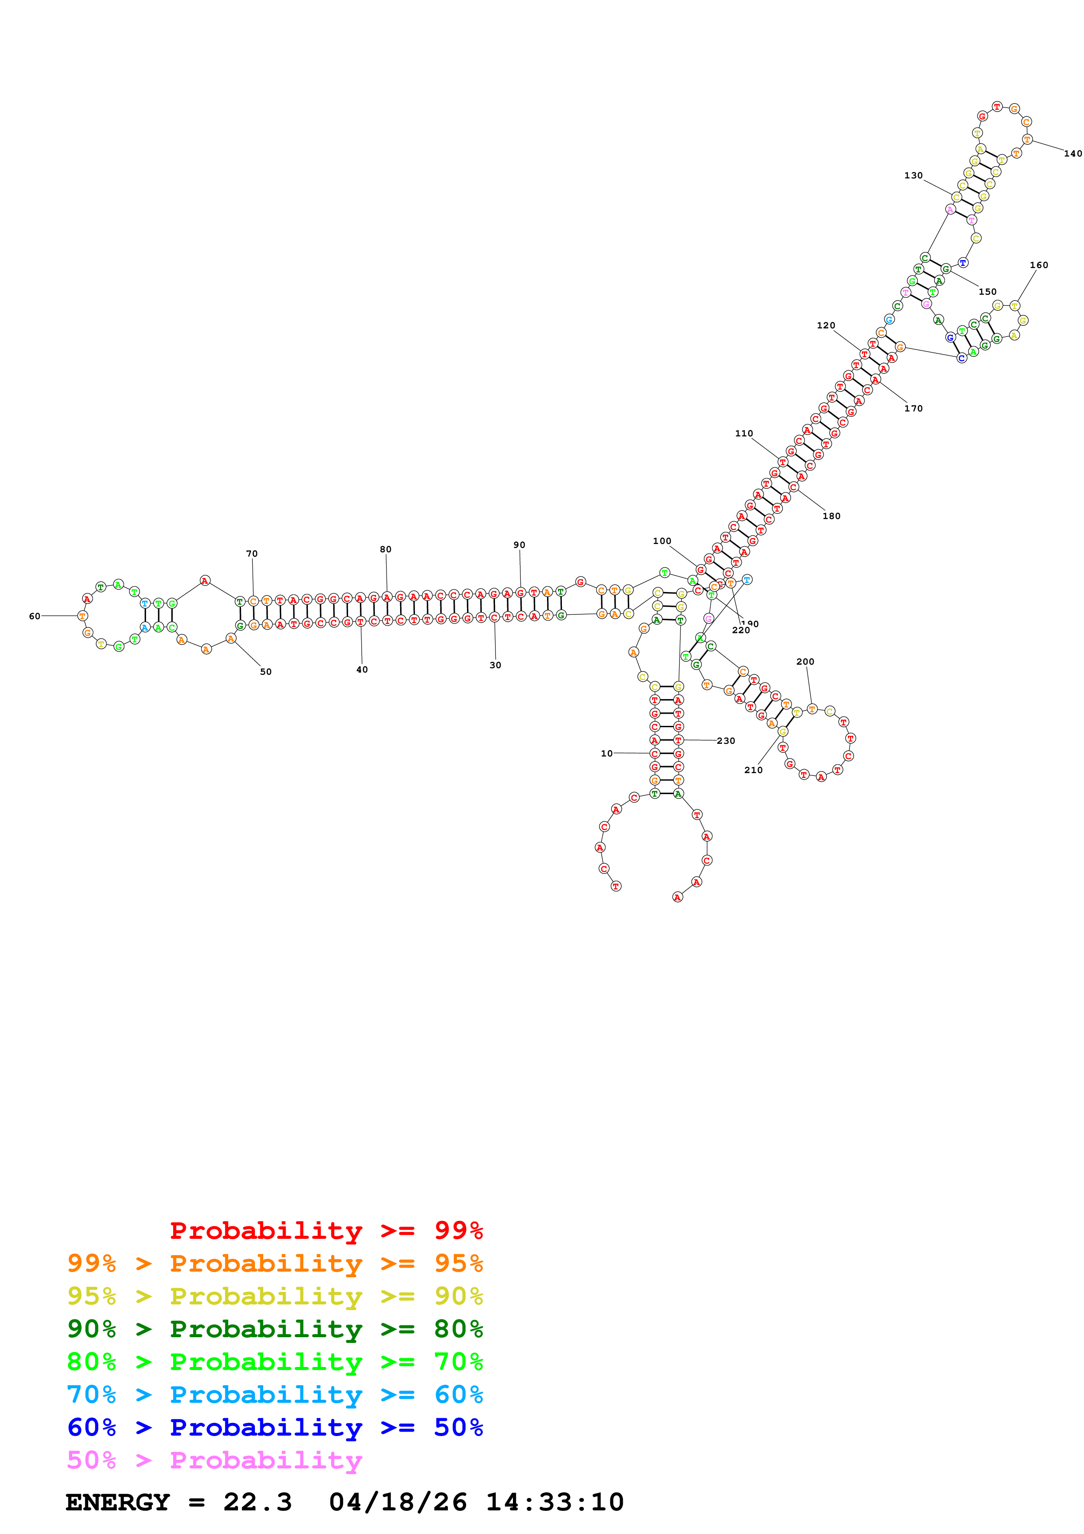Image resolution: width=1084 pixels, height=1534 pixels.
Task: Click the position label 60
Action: pos(34,616)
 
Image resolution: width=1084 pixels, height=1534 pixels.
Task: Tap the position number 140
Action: pos(1073,153)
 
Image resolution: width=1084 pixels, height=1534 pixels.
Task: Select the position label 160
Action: pos(1039,265)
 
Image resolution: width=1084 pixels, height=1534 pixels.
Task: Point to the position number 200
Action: pos(805,662)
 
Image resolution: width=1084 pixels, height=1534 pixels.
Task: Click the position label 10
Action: pos(606,753)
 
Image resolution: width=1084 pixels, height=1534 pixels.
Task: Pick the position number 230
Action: pos(726,741)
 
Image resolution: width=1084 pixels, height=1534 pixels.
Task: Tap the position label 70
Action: pos(252,554)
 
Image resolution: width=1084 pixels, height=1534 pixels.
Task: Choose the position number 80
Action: pos(385,549)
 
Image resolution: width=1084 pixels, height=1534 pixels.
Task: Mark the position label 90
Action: pos(519,545)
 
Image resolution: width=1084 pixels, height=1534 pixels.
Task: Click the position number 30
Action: pos(495,666)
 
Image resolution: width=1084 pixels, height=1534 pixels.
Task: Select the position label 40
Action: pos(362,669)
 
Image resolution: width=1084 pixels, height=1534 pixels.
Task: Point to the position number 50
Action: pos(266,672)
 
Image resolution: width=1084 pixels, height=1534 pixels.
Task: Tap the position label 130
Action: pos(913,176)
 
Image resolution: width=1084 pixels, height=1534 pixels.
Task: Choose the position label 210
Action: pos(753,770)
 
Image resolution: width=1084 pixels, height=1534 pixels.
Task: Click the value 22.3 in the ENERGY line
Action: pos(258,1503)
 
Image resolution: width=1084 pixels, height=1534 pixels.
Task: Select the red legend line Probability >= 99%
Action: pos(326,1231)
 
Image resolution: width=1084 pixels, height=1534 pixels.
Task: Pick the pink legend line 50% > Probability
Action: pos(214,1461)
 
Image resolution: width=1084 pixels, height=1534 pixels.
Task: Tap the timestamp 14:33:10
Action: pos(554,1503)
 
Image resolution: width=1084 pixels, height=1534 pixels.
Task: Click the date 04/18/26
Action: pos(398,1503)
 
